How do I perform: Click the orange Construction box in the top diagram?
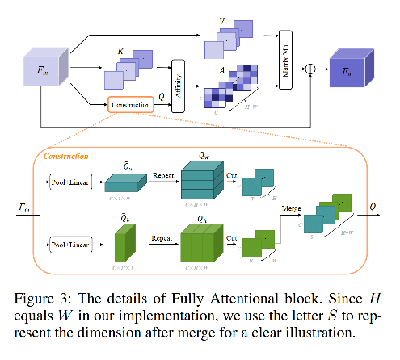(131, 105)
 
